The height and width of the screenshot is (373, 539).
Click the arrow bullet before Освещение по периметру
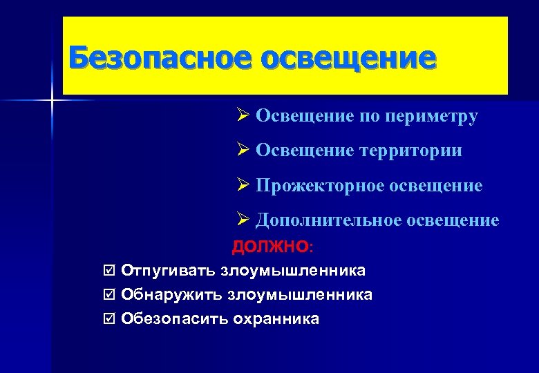tap(241, 115)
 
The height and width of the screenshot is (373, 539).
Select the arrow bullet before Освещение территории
tap(241, 149)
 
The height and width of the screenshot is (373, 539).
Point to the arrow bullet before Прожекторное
tap(241, 184)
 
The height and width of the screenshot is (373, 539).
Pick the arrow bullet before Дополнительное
tap(241, 220)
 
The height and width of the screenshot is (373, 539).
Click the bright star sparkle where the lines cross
tap(52, 102)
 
